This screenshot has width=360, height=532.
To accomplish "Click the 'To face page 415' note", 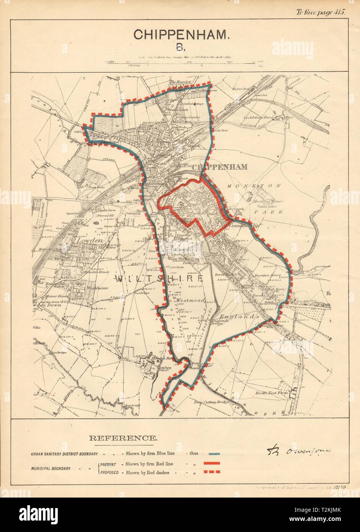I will [321, 11].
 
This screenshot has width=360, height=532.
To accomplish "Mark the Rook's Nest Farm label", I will [271, 393].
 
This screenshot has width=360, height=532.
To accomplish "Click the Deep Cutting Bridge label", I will [212, 402].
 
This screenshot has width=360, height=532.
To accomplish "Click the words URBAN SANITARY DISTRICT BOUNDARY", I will [64, 454].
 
